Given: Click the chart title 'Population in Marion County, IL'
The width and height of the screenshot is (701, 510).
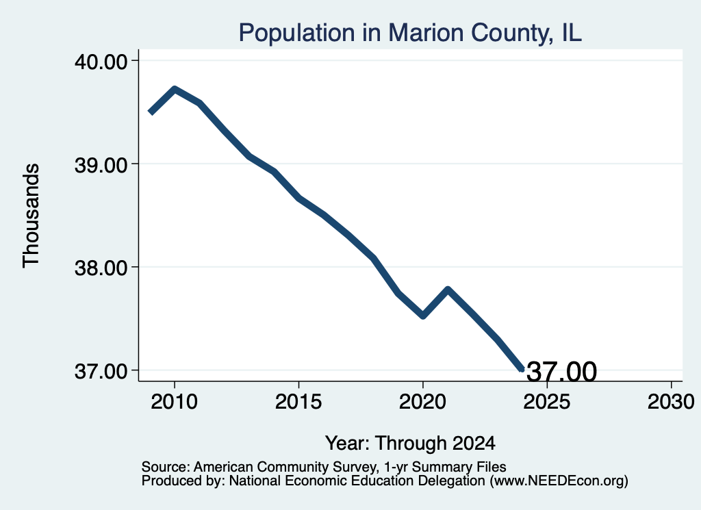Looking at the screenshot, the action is [410, 33].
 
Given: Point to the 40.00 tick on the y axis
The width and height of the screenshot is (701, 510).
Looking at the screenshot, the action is [101, 61].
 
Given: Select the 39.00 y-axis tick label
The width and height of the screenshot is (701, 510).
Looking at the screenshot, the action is [101, 165].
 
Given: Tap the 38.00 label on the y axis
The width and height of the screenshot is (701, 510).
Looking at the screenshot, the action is [101, 268].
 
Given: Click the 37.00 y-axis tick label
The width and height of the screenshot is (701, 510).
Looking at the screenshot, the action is [101, 372].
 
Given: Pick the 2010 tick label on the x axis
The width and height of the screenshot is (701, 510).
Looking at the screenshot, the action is [175, 401].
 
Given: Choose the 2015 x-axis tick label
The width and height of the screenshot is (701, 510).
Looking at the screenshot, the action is [298, 401].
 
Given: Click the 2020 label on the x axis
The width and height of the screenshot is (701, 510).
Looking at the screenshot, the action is [422, 401].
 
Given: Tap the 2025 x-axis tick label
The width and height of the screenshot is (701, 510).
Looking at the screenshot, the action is [547, 401].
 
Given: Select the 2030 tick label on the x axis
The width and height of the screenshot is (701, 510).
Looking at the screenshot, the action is [671, 401].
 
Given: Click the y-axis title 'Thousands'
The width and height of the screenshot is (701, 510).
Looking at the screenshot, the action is [31, 216].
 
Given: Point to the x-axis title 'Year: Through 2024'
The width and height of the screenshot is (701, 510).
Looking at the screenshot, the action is [410, 443].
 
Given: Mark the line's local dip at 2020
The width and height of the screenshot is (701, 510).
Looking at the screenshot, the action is [423, 316].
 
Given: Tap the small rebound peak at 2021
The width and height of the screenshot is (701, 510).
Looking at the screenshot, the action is [448, 290].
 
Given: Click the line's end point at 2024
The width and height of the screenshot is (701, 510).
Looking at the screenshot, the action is [521, 369].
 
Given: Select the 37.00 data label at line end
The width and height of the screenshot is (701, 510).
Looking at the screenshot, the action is [561, 372].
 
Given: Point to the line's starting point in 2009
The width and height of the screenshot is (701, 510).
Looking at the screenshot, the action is [151, 112].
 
